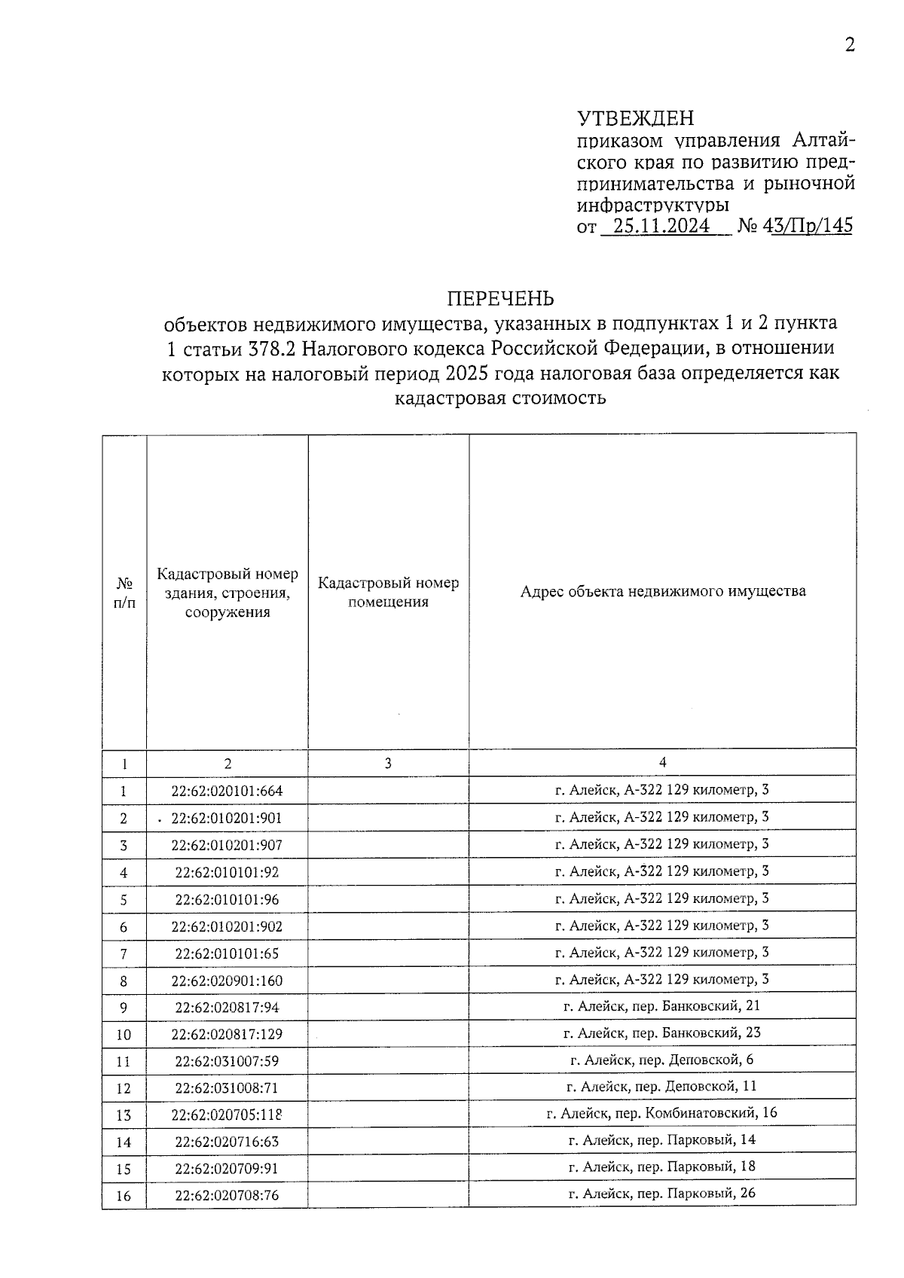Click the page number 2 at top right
[x=850, y=46]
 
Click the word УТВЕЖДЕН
[x=635, y=119]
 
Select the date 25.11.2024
[x=661, y=227]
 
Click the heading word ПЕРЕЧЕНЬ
[x=501, y=299]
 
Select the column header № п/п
[x=124, y=593]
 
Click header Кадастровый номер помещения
[x=388, y=592]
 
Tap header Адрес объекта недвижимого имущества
[x=663, y=591]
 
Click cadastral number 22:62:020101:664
[x=227, y=792]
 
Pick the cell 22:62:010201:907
[x=227, y=846]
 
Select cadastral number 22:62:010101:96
[x=227, y=900]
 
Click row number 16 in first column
[x=124, y=1196]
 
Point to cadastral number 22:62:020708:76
[x=227, y=1196]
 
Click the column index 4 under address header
[x=662, y=762]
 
